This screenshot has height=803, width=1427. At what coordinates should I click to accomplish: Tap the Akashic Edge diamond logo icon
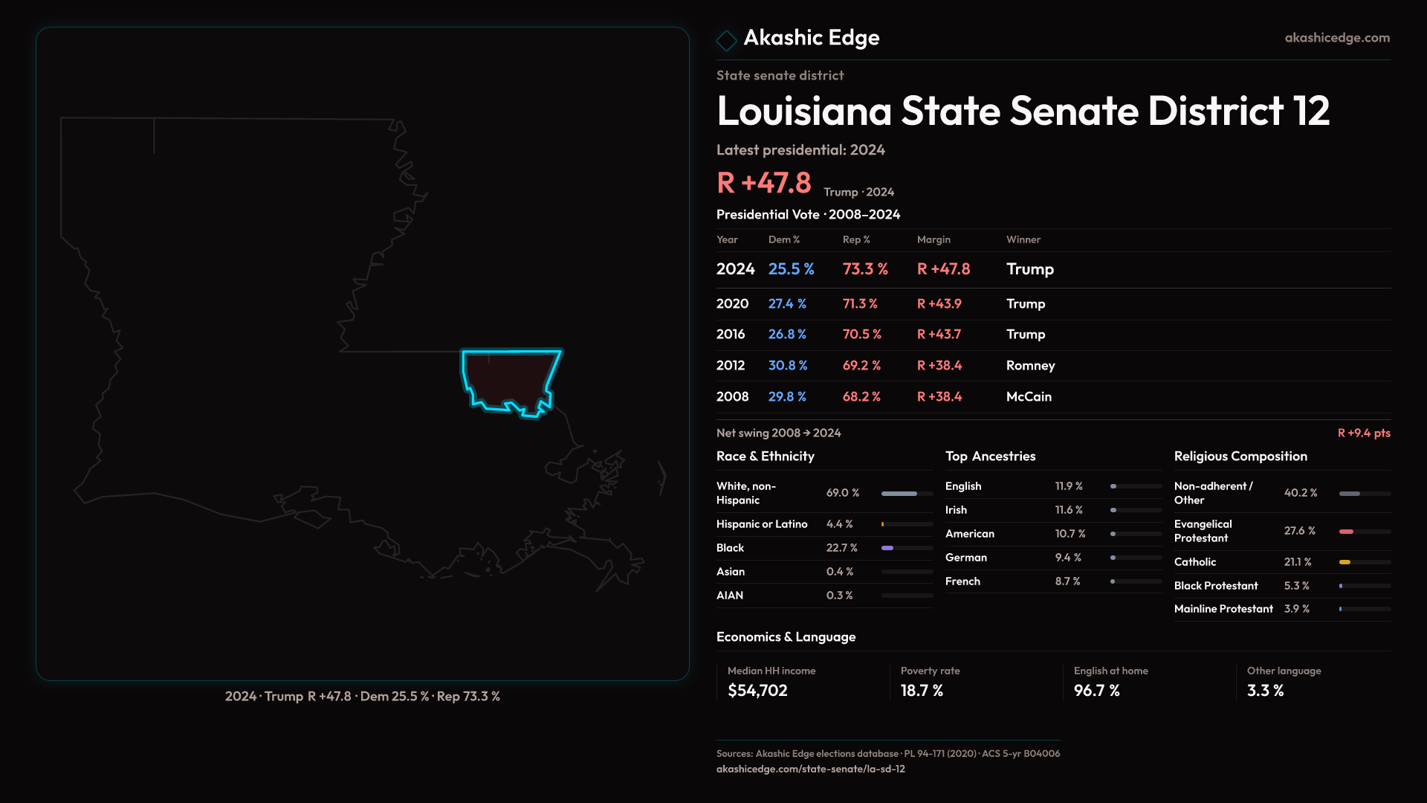[x=726, y=39]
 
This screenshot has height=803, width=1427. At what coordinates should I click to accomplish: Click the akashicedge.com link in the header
[x=1337, y=38]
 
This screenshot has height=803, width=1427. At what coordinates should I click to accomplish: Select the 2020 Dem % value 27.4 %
[x=787, y=304]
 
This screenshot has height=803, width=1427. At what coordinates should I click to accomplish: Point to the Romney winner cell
[x=1030, y=366]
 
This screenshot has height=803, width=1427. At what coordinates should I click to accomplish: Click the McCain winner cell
[x=1029, y=397]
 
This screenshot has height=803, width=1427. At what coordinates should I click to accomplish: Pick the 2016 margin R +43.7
[x=939, y=335]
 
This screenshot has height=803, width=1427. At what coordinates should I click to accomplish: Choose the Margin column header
[x=933, y=239]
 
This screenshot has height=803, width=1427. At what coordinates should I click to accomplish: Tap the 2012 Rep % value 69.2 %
[x=861, y=366]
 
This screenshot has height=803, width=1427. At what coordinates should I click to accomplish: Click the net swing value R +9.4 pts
[x=1364, y=433]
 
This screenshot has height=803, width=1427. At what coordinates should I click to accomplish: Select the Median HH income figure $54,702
[x=757, y=691]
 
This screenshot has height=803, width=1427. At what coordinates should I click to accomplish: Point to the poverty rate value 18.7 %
[x=922, y=691]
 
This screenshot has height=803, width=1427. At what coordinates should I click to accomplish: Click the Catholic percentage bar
[x=1365, y=562]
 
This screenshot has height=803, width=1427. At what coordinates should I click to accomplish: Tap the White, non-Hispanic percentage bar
[x=907, y=494]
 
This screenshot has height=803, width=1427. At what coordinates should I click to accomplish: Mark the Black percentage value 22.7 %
[x=841, y=548]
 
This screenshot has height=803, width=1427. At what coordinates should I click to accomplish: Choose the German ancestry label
[x=966, y=558]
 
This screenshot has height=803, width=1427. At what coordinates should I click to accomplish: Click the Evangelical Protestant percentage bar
[x=1365, y=532]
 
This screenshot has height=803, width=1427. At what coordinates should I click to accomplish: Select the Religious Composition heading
[x=1240, y=457]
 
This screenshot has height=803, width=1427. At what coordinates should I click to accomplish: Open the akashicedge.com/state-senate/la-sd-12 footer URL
[x=810, y=770]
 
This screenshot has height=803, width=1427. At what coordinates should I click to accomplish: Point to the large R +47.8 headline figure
[x=764, y=183]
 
